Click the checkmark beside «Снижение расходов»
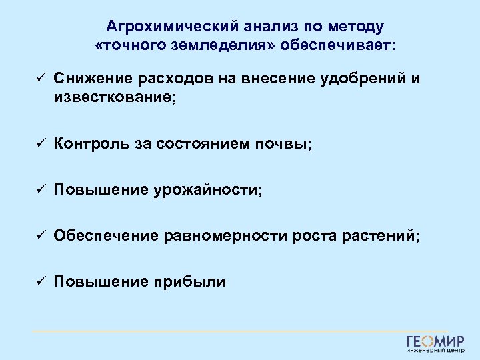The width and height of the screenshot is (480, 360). pos(40,79)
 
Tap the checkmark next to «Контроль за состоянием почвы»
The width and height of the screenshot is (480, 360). pos(40,143)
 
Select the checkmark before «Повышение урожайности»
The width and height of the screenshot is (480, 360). pos(40,189)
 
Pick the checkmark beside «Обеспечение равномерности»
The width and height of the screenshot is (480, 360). pos(40,235)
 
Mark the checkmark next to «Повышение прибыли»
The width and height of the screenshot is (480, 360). pos(40,282)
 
